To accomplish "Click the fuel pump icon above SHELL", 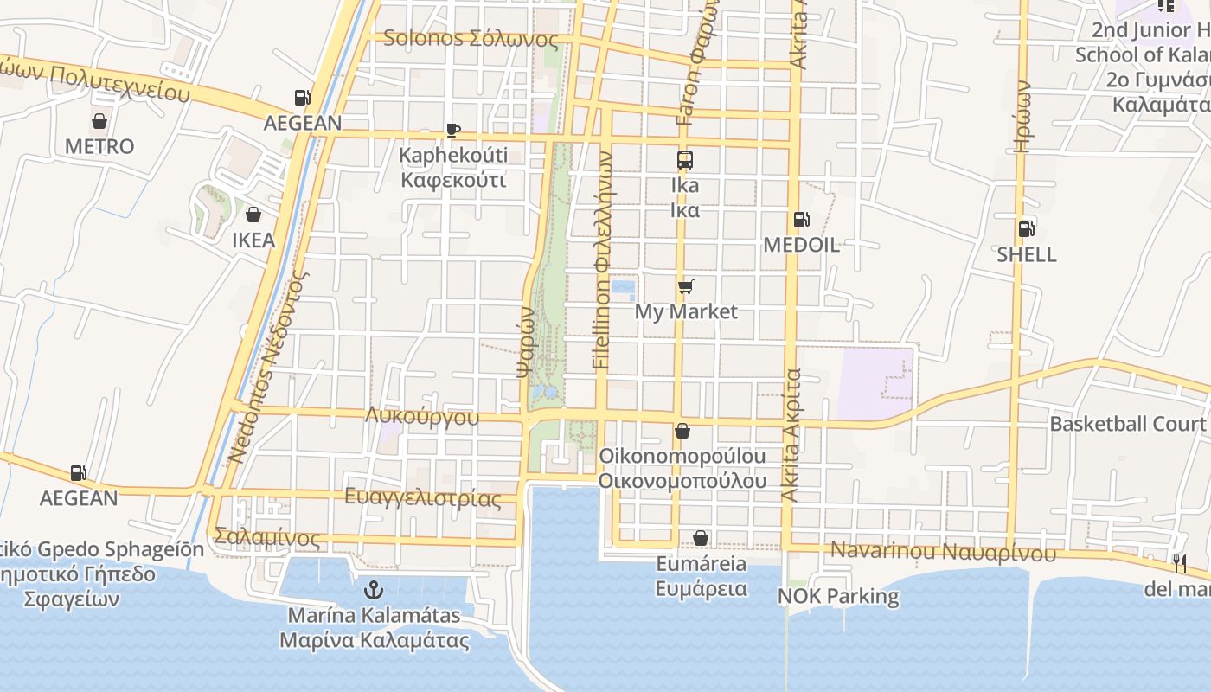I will (x=1027, y=229).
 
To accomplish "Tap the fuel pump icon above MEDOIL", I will (x=801, y=220).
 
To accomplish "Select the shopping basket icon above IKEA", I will (x=253, y=215).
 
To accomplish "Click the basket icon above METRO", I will (x=99, y=121).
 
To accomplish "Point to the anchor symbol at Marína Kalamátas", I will (x=374, y=591).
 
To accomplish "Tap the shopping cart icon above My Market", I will (x=686, y=286).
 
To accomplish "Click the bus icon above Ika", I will (x=685, y=160).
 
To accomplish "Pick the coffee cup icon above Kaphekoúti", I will (x=452, y=131).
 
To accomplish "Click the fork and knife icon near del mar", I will (x=1180, y=564).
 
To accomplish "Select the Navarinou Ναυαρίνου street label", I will (x=943, y=552).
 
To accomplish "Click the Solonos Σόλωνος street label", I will (x=471, y=39).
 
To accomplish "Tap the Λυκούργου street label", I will (x=422, y=416).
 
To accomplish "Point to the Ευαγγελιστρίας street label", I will (x=423, y=498).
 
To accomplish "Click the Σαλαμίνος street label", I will (x=268, y=539).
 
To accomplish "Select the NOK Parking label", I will (x=838, y=596).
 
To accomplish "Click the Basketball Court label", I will (x=1127, y=424).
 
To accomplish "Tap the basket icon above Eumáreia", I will (x=701, y=539).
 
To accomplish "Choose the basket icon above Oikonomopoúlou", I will (x=682, y=431).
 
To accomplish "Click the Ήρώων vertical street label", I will (x=1023, y=117).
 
